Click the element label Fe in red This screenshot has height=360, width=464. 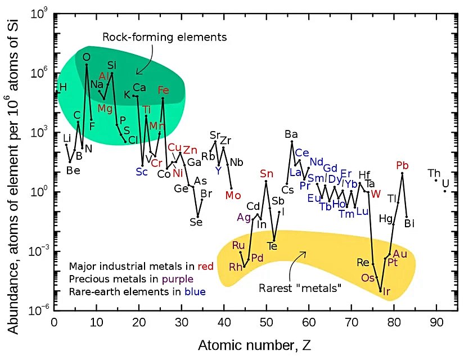pyautogui.click(x=163, y=90)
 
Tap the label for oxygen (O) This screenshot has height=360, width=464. pyautogui.click(x=86, y=56)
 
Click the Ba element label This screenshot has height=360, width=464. pyautogui.click(x=291, y=134)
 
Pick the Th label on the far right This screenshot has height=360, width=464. pyautogui.click(x=434, y=173)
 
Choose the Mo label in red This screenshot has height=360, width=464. pyautogui.click(x=233, y=195)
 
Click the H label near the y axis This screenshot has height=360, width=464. pyautogui.click(x=63, y=87)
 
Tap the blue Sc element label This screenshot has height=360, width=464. pyautogui.click(x=141, y=172)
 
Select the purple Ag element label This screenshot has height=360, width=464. pyautogui.click(x=244, y=218)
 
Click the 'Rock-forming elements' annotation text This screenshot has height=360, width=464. pyautogui.click(x=164, y=38)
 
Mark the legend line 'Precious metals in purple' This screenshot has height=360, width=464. pyautogui.click(x=131, y=278)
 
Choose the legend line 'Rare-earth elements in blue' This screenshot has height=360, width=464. pyautogui.click(x=137, y=291)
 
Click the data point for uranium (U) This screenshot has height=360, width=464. pyautogui.click(x=445, y=191)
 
